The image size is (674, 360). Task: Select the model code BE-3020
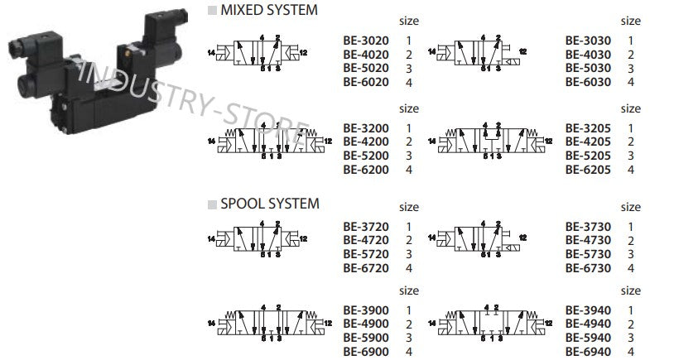pos(365,40)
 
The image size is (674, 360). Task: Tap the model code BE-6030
pos(588,82)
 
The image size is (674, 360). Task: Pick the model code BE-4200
pos(365,142)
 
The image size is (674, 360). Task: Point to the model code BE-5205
pos(588,156)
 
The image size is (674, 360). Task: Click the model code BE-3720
pos(365,227)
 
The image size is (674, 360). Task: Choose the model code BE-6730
pos(588,268)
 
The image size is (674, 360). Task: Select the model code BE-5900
pos(365,337)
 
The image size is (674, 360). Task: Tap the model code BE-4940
pos(588,324)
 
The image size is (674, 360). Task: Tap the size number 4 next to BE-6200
pos(409,170)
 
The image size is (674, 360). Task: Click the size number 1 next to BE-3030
pos(631,40)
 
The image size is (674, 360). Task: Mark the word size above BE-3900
pos(409,290)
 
